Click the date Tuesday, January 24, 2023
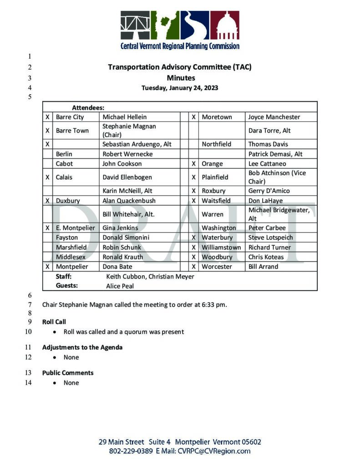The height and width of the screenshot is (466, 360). (179, 88)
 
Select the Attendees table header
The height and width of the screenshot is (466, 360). (88, 108)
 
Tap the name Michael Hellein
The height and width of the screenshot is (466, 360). (125, 117)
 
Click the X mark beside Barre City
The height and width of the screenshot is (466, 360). (47, 117)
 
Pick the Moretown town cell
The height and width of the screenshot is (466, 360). (217, 117)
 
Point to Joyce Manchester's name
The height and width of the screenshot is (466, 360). (274, 117)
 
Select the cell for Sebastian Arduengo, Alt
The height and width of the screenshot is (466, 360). (137, 144)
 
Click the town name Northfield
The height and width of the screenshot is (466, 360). (217, 144)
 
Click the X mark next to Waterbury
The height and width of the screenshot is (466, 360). (193, 237)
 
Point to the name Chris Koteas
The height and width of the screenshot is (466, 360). (266, 257)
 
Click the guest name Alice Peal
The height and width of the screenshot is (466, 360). (120, 286)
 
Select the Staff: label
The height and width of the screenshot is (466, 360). (64, 276)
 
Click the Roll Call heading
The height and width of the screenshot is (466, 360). (54, 322)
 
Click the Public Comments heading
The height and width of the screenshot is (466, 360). (68, 373)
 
